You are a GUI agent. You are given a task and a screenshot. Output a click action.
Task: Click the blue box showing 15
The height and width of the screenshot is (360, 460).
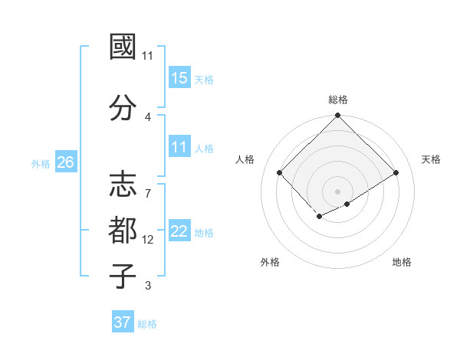coord(179,78)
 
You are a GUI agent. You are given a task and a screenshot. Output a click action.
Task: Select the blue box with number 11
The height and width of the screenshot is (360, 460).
coord(179,148)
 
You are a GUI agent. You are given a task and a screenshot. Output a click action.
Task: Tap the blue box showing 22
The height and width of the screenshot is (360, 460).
coord(179,232)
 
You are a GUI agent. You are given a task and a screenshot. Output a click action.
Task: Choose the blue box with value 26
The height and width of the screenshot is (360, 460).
coord(66,162)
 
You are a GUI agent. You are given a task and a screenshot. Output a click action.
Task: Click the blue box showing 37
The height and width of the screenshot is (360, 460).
coord(123,322)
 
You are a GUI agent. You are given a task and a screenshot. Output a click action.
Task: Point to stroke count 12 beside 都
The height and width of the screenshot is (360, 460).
coord(148,240)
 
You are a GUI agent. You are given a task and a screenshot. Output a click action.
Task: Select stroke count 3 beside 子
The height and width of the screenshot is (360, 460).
coord(148,286)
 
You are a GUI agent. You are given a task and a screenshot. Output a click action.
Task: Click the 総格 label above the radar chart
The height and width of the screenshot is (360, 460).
coord(338,100)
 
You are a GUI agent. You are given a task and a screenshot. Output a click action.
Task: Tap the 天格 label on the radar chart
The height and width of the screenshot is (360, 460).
coord(432,159)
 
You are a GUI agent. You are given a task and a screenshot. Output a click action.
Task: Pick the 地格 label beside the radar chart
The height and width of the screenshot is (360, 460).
coord(402,262)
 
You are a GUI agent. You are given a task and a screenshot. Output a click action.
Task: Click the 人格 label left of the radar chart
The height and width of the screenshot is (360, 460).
coord(245,159)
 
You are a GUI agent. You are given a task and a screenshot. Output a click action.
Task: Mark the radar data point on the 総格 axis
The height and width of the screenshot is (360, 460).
coord(337,116)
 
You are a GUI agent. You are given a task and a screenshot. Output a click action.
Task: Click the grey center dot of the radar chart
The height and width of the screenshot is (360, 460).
coord(337,191)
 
